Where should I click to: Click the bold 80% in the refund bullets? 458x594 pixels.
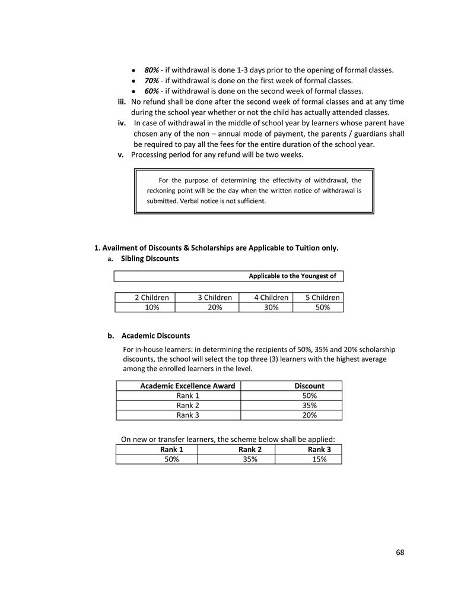[x=151, y=70]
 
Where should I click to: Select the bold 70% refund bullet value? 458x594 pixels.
[x=151, y=81]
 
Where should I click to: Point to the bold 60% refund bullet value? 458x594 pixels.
[x=151, y=91]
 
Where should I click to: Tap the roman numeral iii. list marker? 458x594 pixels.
[x=122, y=102]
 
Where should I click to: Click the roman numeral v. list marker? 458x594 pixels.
[x=120, y=155]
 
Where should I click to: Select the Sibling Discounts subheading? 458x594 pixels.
[x=150, y=259]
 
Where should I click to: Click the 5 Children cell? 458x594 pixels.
[x=322, y=298]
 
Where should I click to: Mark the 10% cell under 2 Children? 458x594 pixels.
[x=144, y=307]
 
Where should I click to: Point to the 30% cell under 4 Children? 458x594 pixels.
[x=271, y=307]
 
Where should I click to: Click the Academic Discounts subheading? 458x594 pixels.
[x=155, y=336]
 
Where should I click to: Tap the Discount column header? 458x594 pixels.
[x=309, y=386]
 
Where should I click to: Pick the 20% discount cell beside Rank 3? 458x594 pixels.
[x=309, y=415]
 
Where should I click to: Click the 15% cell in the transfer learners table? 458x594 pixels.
[x=319, y=459]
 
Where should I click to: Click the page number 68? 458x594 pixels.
[x=400, y=552]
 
